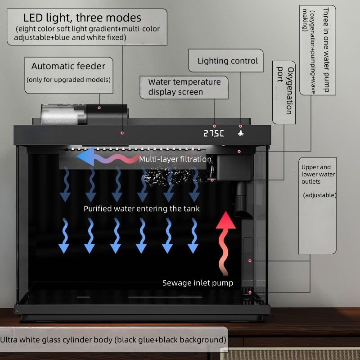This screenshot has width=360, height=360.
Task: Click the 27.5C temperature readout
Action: pos(213,133)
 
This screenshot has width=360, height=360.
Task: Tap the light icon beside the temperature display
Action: pos(241,133)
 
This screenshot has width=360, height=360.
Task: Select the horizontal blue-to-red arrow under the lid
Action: pos(108,157)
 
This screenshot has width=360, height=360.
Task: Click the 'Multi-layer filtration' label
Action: pos(175,159)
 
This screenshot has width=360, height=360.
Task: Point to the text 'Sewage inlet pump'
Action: pos(198,283)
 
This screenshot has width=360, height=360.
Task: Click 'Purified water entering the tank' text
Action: pos(142,209)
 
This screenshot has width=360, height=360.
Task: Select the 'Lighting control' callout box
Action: pos(226,61)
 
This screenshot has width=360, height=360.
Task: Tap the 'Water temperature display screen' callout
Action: pos(184,87)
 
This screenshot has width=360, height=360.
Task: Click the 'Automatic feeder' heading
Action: pos(68,66)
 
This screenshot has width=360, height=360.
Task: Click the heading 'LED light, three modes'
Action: pos(82,18)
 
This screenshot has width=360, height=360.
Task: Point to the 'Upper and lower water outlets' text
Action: pos(318,174)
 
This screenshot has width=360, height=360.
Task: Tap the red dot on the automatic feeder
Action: pos(99,108)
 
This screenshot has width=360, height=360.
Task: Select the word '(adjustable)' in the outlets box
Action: pos(319,195)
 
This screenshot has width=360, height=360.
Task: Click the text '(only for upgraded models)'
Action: pos(68,80)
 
